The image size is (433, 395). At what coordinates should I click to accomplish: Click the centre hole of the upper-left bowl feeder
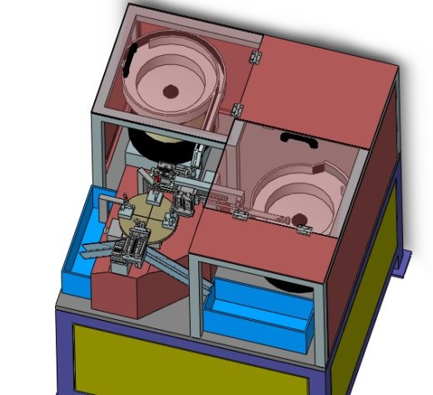(x=170, y=90)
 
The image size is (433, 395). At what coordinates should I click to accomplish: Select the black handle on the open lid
(x=297, y=138)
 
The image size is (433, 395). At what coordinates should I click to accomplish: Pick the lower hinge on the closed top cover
(x=237, y=109)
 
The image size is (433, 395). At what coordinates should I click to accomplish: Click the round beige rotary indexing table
(x=142, y=218)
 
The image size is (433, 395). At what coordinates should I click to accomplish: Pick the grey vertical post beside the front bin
(x=195, y=300)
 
